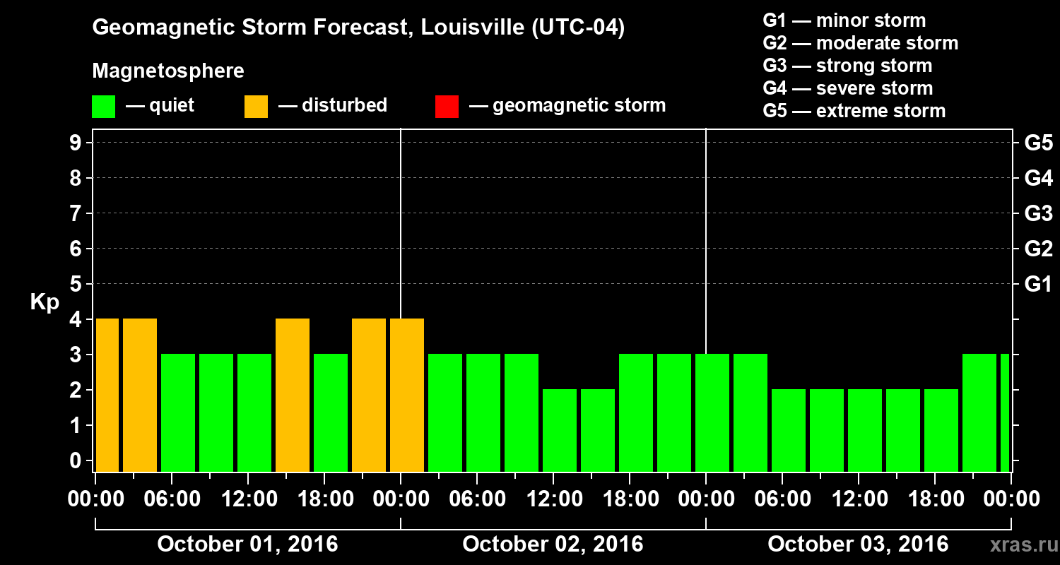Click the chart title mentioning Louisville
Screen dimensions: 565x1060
point(358,28)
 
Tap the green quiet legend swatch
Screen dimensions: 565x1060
point(103,107)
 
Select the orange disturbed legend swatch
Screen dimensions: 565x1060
point(256,107)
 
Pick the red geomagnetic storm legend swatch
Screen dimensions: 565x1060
point(447,107)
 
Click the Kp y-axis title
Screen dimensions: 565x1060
point(45,302)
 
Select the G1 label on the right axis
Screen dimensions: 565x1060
point(1038,285)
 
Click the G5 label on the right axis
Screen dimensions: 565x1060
point(1038,143)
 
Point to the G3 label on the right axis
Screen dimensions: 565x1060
point(1038,214)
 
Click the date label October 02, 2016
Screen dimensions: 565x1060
point(553,545)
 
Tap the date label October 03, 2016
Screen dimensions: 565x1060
point(858,545)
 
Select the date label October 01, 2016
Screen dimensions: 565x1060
point(247,545)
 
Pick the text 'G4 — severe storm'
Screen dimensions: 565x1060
point(847,88)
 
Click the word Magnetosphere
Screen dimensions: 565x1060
point(168,71)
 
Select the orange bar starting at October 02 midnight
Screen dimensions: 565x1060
point(407,395)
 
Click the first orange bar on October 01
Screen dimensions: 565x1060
point(107,395)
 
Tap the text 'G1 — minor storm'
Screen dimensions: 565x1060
point(844,20)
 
